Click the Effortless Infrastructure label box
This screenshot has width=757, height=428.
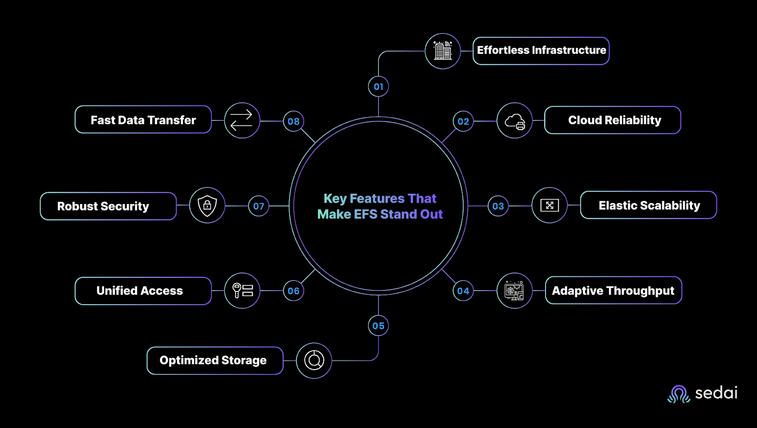(x=541, y=51)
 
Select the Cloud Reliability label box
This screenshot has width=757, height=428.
(x=612, y=120)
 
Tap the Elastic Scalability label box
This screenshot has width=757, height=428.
(x=649, y=205)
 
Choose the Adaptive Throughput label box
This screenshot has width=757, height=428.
(x=613, y=290)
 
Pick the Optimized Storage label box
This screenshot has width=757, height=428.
(x=215, y=360)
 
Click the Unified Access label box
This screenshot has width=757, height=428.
(x=143, y=291)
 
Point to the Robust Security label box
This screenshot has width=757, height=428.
(x=108, y=206)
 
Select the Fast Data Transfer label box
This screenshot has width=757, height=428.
(x=143, y=120)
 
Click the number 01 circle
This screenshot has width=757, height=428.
(x=378, y=87)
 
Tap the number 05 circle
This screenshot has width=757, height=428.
(x=378, y=326)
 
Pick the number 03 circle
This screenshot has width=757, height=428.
(x=498, y=206)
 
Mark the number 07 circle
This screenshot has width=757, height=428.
(x=258, y=206)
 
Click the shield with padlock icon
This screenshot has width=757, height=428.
(x=207, y=205)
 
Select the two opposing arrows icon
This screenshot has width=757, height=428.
(x=241, y=120)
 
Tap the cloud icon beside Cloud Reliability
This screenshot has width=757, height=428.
(x=515, y=121)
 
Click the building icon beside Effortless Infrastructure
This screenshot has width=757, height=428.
(x=443, y=51)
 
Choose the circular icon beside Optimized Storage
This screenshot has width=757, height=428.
(x=314, y=360)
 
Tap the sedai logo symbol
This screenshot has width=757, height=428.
(x=678, y=394)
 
